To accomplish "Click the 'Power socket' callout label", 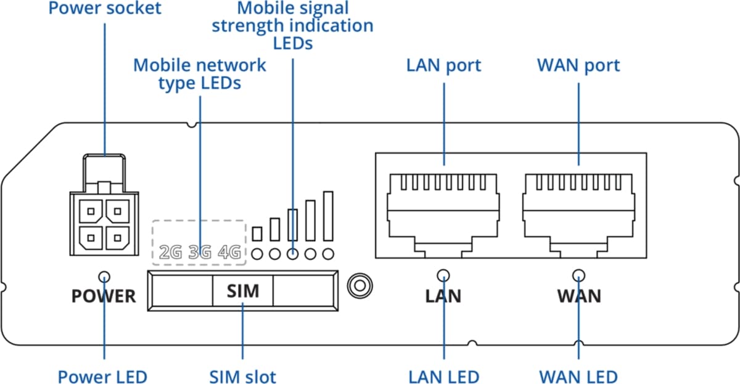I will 105,9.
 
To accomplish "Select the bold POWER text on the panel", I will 104,296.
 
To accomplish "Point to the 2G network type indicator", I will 170,252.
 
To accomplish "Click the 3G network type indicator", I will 200,252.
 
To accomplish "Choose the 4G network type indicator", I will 229,252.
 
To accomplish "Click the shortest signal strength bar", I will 258,234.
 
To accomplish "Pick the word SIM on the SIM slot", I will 243,290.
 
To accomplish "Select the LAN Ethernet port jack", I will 443,210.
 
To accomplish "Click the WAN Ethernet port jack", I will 578,210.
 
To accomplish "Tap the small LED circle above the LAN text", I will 443,275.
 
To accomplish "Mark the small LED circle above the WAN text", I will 578,275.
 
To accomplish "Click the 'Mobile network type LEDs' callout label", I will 200,74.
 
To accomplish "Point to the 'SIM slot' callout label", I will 242,376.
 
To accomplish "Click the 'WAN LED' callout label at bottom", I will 578,376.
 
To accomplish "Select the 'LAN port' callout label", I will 443,65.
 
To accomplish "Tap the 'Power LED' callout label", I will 103,376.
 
